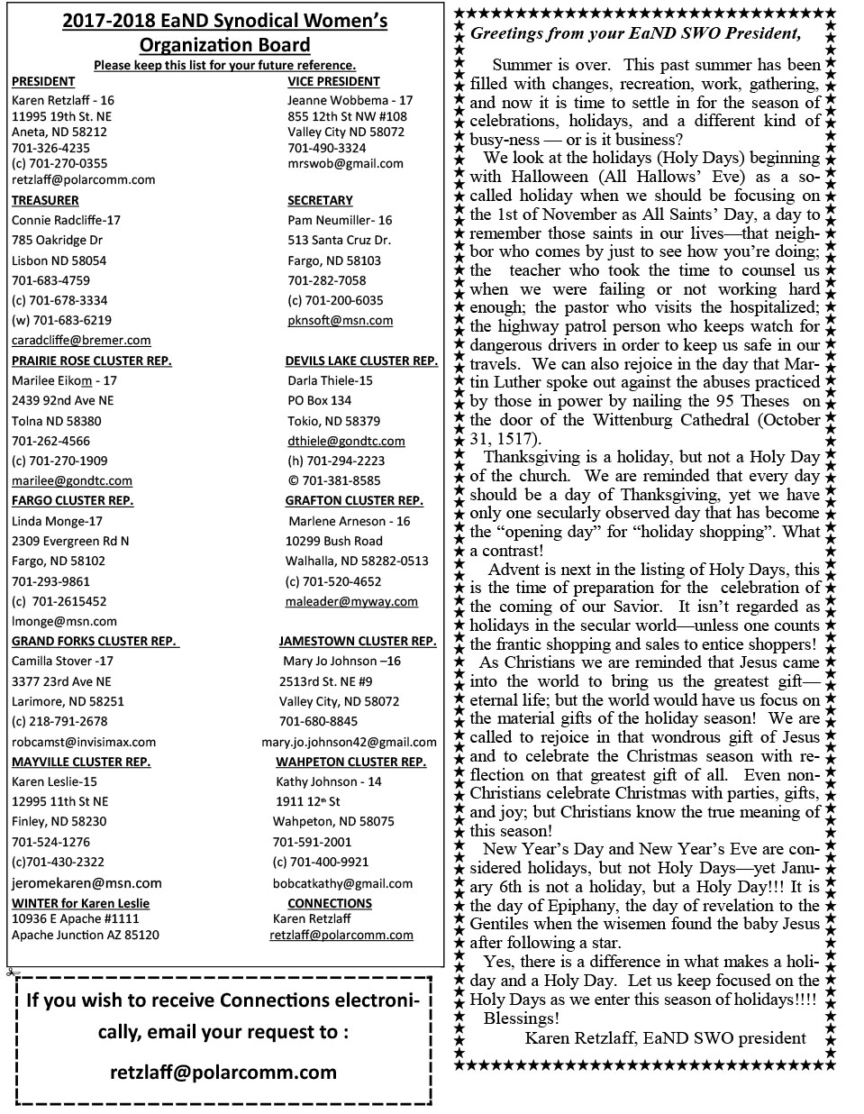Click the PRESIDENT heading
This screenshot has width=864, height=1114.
click(x=43, y=81)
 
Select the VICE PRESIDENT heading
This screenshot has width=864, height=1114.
click(x=333, y=81)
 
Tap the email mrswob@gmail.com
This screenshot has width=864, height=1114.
click(x=345, y=163)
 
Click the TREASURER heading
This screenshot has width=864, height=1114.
click(x=45, y=200)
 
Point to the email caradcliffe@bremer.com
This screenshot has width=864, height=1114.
click(x=81, y=340)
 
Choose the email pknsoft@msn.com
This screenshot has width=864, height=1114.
click(x=340, y=320)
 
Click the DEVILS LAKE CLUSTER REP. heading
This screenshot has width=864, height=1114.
click(x=361, y=361)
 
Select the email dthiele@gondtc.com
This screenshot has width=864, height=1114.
click(x=346, y=441)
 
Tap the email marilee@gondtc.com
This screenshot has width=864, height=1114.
click(x=72, y=480)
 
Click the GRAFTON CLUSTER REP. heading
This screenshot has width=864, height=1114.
click(x=354, y=500)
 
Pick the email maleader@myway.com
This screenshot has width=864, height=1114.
click(x=351, y=601)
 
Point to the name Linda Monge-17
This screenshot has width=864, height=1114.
click(x=57, y=521)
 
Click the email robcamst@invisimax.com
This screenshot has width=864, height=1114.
click(x=84, y=742)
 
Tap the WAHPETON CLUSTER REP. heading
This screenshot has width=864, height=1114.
click(x=350, y=762)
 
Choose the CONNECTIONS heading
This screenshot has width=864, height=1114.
click(x=330, y=903)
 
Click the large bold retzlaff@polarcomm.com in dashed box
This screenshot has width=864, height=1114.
click(x=223, y=1073)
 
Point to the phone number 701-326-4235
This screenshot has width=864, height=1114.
click(x=50, y=148)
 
